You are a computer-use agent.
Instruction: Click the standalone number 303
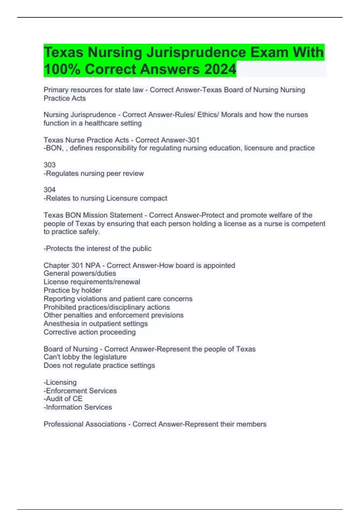click(x=49, y=165)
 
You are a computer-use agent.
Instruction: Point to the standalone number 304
click(x=49, y=190)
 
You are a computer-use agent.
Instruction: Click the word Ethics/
click(x=208, y=115)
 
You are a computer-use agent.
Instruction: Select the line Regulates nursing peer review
click(x=94, y=173)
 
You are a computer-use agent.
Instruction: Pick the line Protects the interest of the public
click(x=97, y=248)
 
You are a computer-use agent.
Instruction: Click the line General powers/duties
click(x=80, y=273)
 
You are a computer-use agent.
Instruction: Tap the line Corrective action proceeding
click(x=89, y=332)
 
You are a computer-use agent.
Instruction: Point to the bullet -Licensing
click(x=60, y=382)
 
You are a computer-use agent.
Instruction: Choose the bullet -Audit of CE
click(x=63, y=399)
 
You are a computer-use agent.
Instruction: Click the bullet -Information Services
click(x=78, y=407)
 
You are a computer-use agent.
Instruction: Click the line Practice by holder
click(x=73, y=290)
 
